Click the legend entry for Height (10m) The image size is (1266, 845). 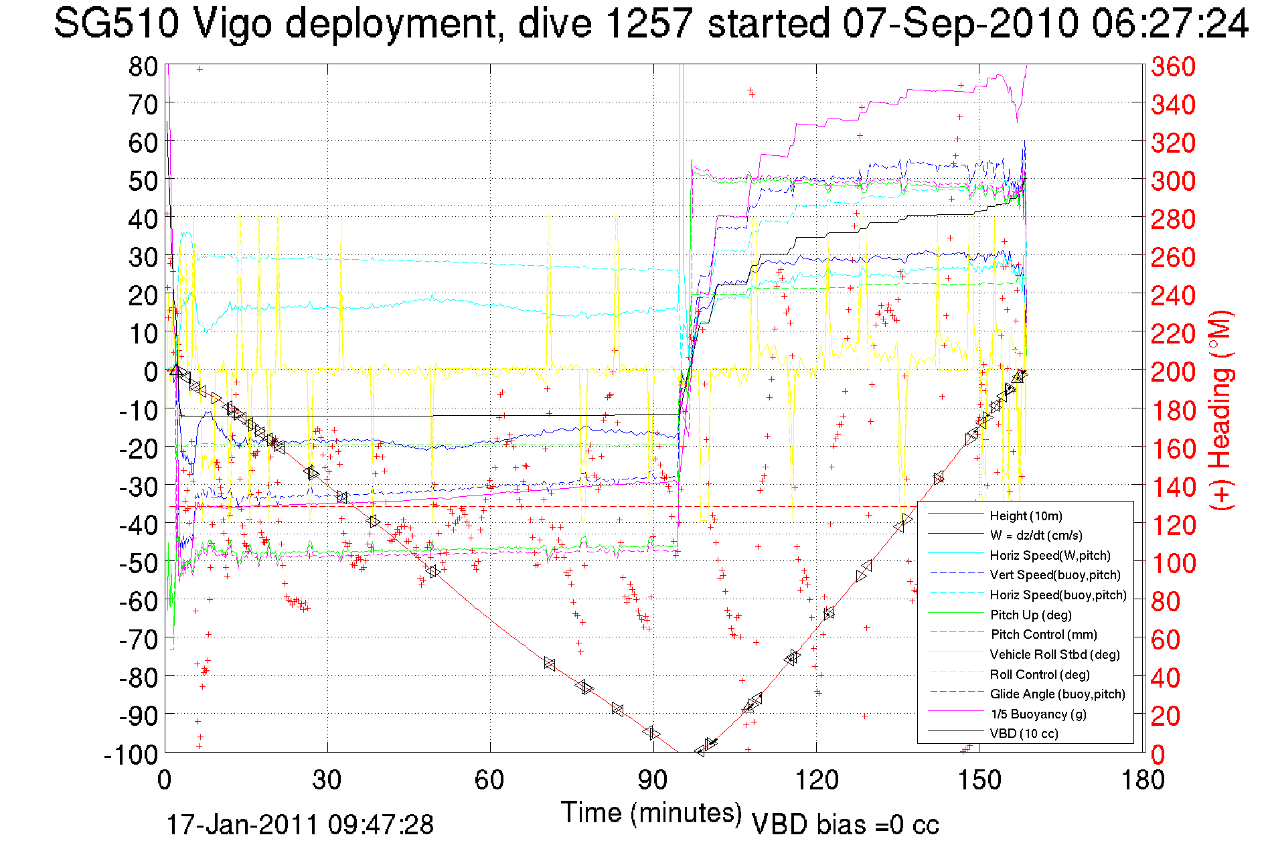click(x=1026, y=516)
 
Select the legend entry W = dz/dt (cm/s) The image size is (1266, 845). click(x=1036, y=535)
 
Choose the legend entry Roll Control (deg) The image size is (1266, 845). click(x=1039, y=674)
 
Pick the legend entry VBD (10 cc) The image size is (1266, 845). click(x=1024, y=733)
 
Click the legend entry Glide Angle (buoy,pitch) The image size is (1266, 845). click(x=1057, y=694)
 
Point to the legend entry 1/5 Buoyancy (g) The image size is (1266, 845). click(x=1038, y=714)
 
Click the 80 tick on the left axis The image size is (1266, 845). click(x=143, y=66)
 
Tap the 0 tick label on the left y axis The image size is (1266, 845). click(x=151, y=372)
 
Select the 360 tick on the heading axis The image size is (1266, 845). click(x=1173, y=66)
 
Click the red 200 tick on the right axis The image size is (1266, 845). click(x=1173, y=372)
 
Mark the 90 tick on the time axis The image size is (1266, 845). click(x=653, y=780)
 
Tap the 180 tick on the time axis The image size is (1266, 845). click(x=1142, y=780)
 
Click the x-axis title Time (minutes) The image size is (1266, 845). click(x=651, y=813)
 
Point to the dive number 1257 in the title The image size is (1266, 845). click(x=647, y=24)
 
